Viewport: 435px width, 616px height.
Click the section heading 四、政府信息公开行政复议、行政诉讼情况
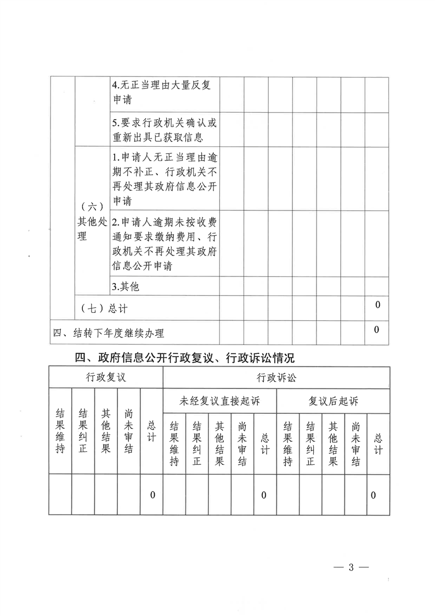pos(185,358)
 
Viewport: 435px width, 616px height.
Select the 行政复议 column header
pos(106,378)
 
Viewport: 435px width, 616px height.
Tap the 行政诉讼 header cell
pos(276,378)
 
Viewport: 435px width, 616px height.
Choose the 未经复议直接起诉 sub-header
pos(219,401)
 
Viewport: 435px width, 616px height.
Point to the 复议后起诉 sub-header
pos(333,401)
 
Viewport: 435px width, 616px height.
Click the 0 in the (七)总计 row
pos(377,304)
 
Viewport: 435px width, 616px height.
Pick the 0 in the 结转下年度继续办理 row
pos(377,330)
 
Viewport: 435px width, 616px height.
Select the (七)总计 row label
pos(104,308)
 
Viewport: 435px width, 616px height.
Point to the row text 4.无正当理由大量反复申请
pos(165,93)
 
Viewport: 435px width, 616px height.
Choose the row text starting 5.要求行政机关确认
pos(165,129)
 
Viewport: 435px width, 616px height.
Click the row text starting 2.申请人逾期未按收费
pos(165,244)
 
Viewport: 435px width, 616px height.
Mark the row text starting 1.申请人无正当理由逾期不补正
pos(165,178)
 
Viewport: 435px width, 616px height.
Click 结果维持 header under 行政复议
pos(60,430)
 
